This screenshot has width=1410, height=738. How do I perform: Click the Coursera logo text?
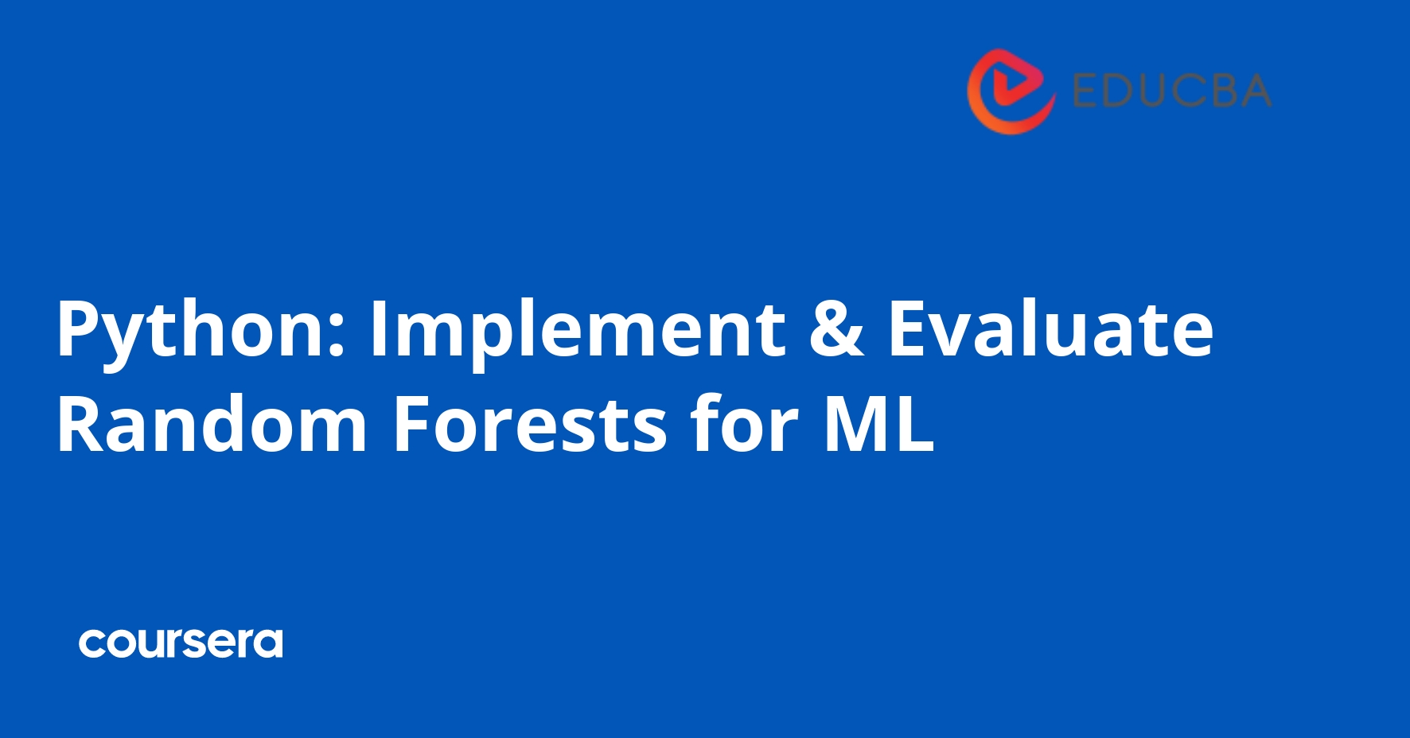pos(181,643)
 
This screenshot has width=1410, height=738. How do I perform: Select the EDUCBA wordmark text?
pos(1171,91)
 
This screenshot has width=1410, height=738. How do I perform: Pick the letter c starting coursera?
pos(93,643)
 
